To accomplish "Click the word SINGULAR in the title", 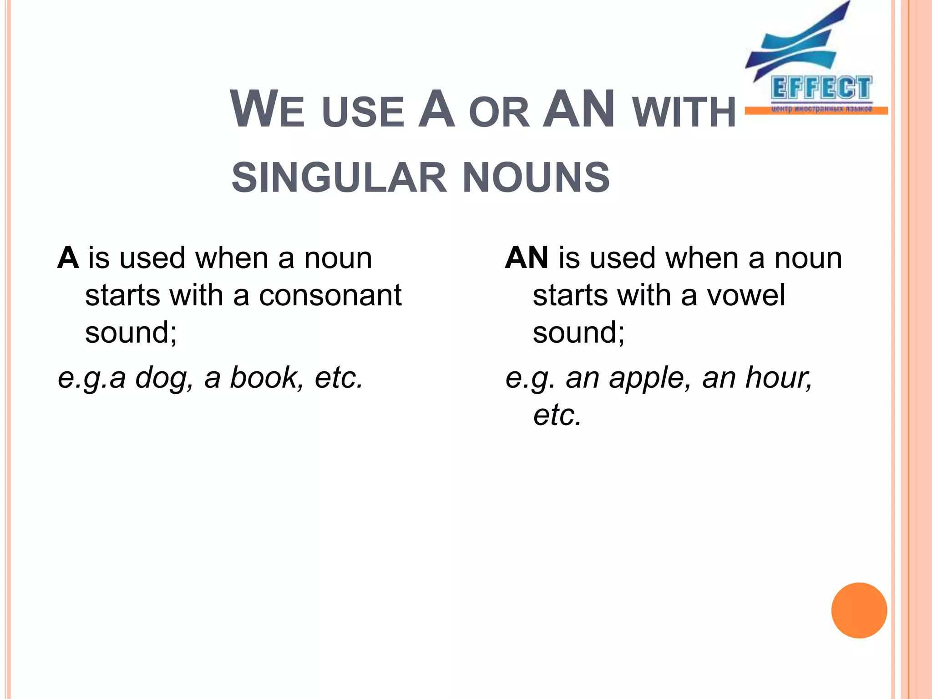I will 339,178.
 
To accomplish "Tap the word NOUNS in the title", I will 536,178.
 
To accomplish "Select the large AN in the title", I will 579,110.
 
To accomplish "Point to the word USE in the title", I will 363,112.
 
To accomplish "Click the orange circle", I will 859,610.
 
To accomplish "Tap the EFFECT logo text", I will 821,88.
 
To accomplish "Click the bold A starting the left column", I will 68,258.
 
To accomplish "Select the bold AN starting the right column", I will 527,258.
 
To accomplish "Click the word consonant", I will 330,296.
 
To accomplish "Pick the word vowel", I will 746,296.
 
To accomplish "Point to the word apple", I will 650,378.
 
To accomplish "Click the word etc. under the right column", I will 557,415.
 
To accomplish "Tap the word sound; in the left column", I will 131,333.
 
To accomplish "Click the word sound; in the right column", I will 579,333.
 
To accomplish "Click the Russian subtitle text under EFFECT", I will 821,109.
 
